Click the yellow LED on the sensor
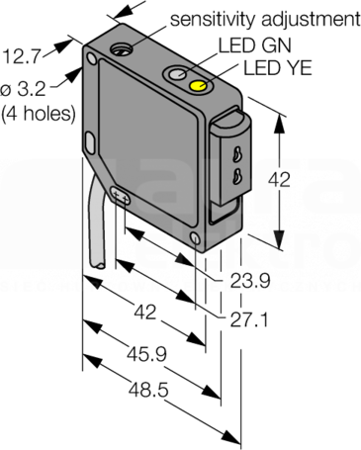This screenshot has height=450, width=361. (198, 85)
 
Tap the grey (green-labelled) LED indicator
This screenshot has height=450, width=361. (177, 74)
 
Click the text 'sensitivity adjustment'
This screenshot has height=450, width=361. (265, 19)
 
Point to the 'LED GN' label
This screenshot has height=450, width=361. (255, 45)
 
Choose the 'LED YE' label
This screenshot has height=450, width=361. (277, 68)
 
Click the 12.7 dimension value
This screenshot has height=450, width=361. (21, 56)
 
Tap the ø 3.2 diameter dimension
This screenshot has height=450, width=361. (23, 89)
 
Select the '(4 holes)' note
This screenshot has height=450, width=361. (39, 114)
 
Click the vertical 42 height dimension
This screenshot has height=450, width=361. (279, 180)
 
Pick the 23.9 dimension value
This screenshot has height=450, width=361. (250, 281)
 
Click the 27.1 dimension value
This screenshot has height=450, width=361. (249, 320)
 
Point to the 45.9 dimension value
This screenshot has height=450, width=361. (146, 354)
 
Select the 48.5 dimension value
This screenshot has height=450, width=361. (148, 390)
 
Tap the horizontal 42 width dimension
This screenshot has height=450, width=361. (145, 313)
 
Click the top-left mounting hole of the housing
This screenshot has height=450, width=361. (91, 59)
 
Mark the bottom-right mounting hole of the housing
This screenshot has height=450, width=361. (195, 238)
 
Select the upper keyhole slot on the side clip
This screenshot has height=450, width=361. (236, 154)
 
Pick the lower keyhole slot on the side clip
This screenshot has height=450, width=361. (236, 175)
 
